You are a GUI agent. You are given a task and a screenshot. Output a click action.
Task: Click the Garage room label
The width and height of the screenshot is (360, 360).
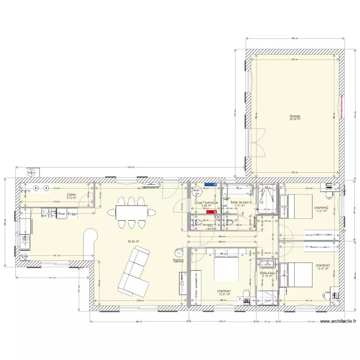[295, 116]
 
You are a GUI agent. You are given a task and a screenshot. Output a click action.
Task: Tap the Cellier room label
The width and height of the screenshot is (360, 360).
[72, 195]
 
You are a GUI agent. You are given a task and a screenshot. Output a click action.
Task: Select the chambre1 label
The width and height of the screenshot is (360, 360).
[224, 291]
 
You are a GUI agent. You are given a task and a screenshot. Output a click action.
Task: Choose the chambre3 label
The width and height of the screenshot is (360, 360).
[323, 265]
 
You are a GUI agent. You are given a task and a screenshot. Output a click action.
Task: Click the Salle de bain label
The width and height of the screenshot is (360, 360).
[240, 203]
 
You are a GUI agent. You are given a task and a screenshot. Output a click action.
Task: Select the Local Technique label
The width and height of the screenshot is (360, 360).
[206, 203]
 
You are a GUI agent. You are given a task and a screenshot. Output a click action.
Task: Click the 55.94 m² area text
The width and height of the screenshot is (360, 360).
[133, 242]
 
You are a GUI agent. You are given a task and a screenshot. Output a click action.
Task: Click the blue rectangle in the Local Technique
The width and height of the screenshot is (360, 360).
[210, 184]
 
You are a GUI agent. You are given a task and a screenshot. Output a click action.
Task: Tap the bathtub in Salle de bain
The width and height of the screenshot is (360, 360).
[238, 190]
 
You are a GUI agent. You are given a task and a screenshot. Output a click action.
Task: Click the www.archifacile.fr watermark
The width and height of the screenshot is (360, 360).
[337, 322]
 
